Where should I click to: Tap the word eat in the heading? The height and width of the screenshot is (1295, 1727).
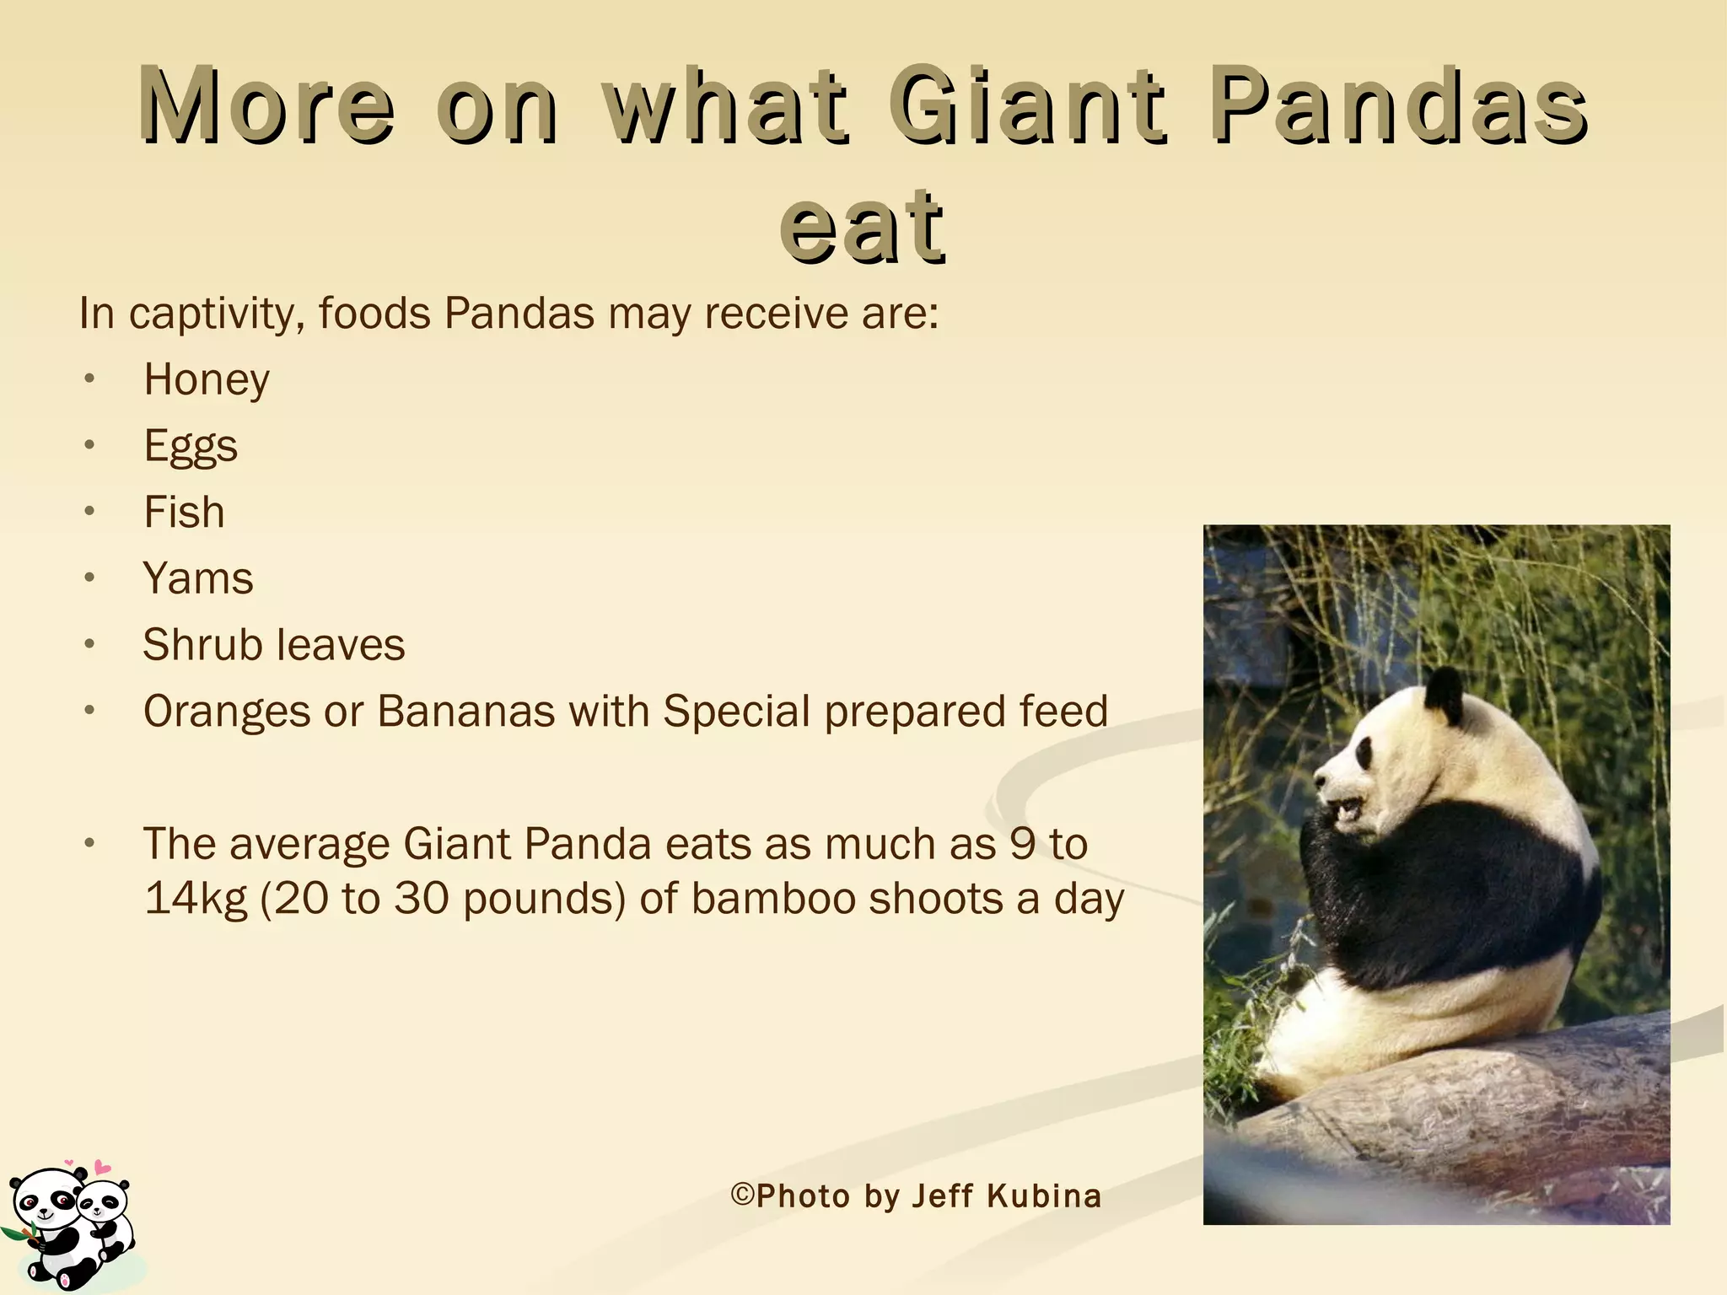(x=862, y=226)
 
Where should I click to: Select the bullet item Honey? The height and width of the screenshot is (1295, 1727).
(x=207, y=379)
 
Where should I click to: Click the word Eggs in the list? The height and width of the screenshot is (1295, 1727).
(x=191, y=446)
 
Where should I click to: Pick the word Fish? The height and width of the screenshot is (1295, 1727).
(x=184, y=513)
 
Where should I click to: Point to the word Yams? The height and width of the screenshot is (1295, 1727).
(x=198, y=579)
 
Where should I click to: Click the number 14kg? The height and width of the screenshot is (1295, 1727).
(x=196, y=899)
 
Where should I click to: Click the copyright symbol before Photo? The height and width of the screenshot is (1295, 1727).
(x=741, y=1196)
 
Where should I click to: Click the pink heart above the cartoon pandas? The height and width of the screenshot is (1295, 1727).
(x=102, y=1168)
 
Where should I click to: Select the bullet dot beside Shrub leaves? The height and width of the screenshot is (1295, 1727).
(x=90, y=645)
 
